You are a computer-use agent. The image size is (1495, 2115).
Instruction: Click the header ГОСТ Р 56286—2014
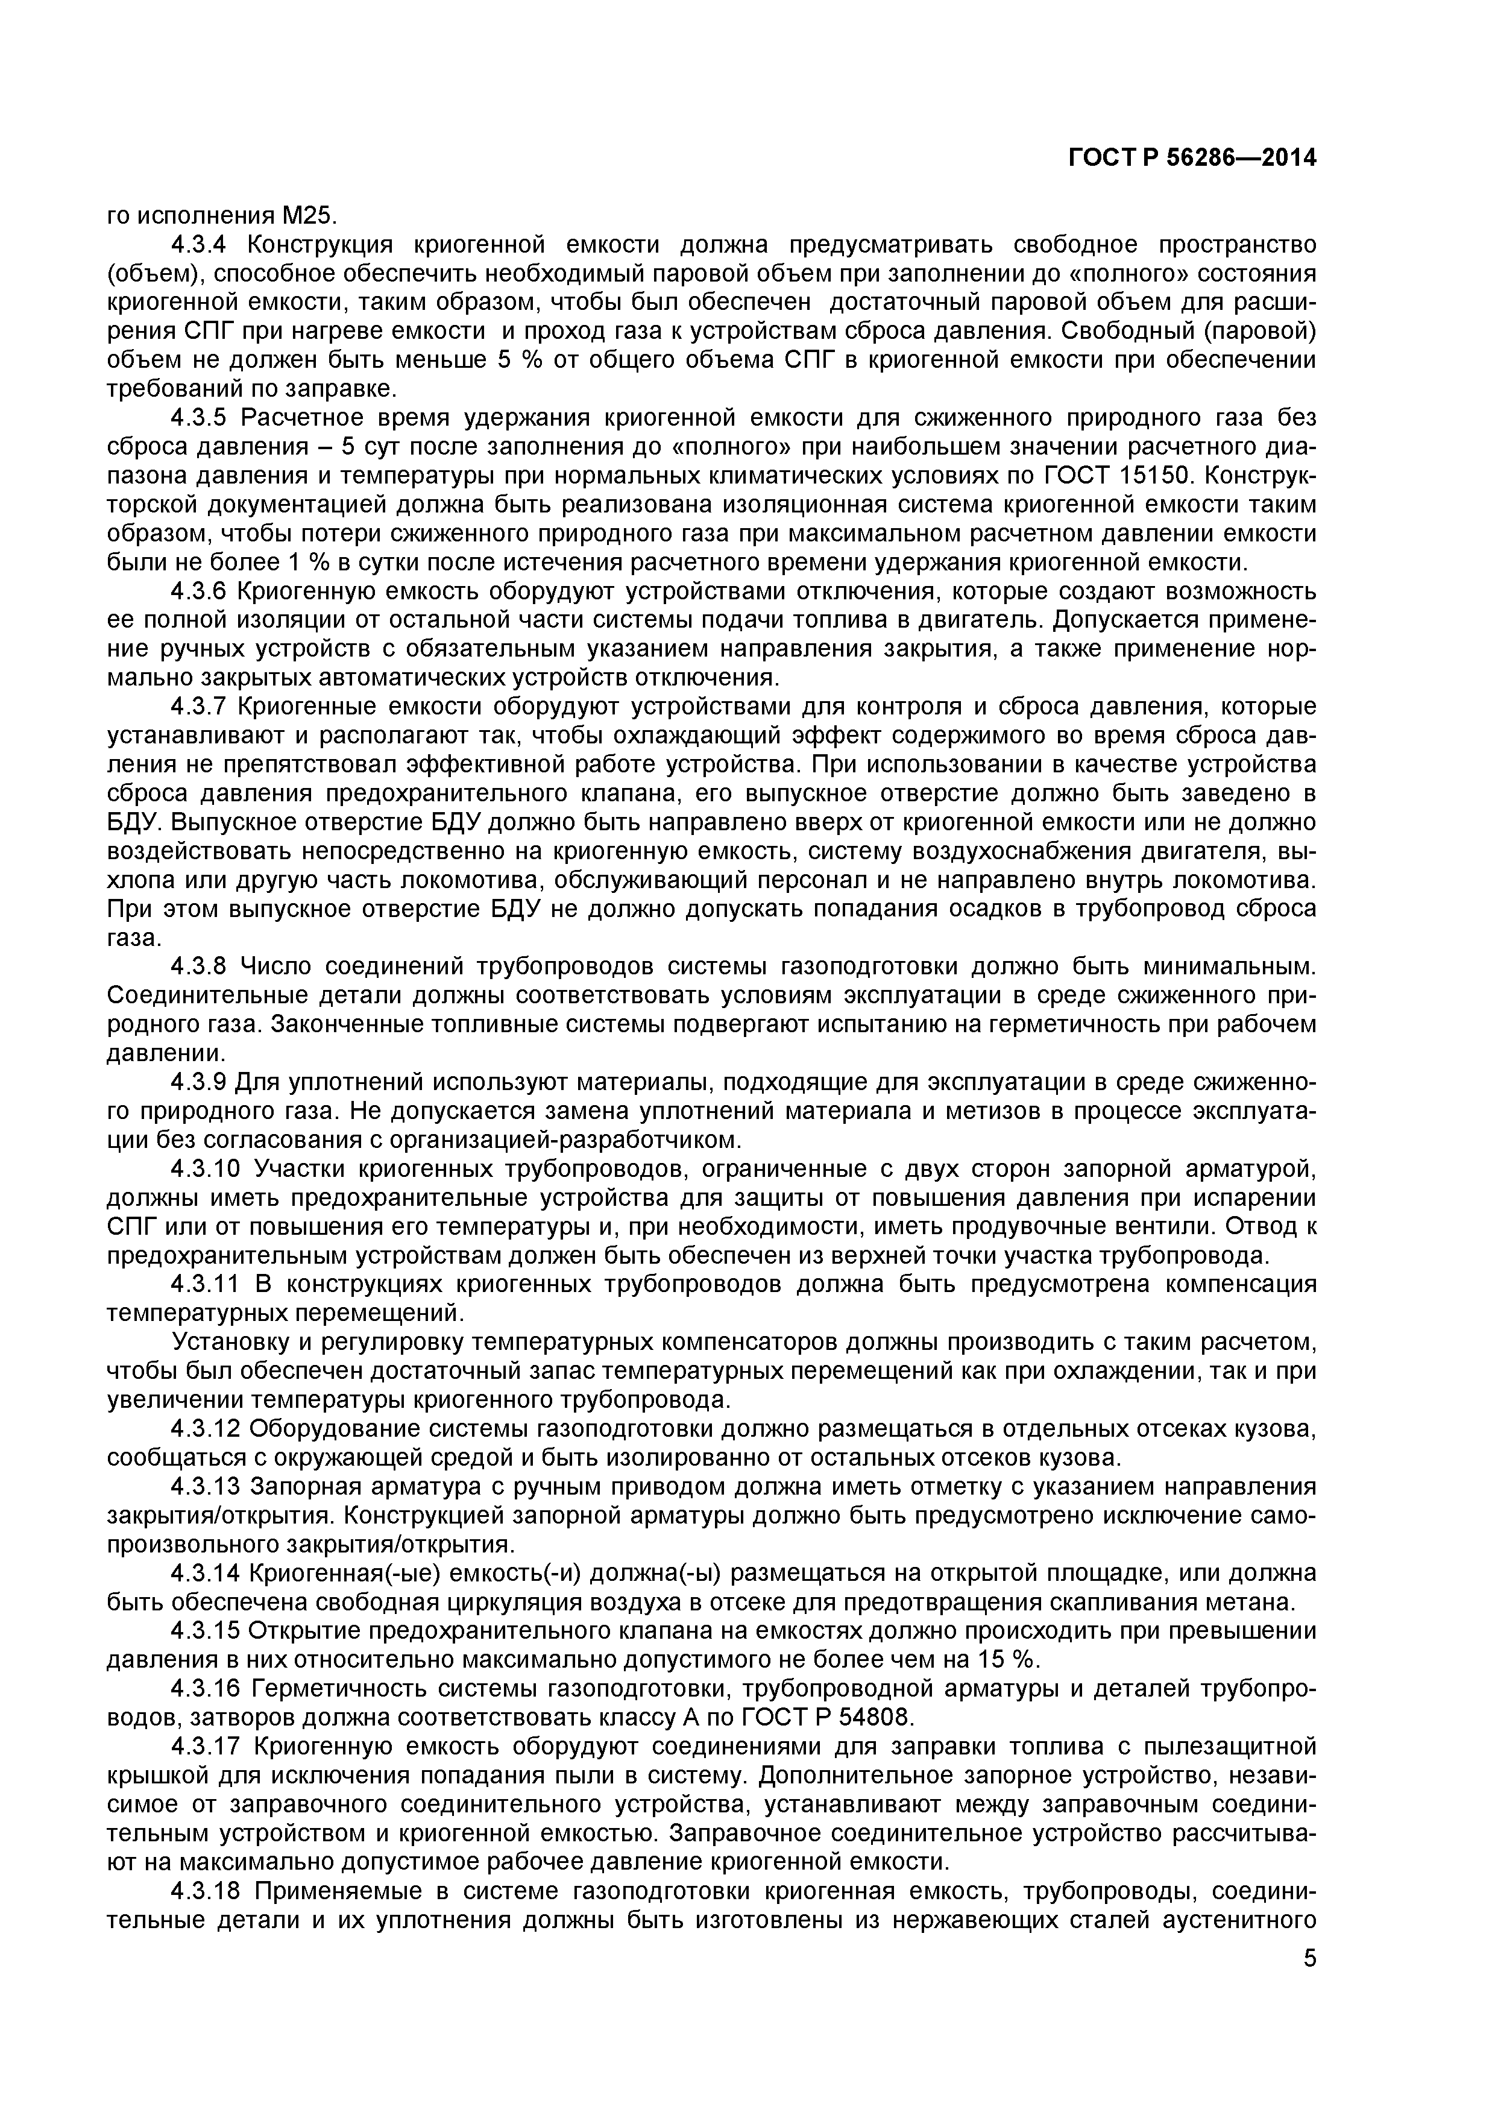(x=1192, y=159)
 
